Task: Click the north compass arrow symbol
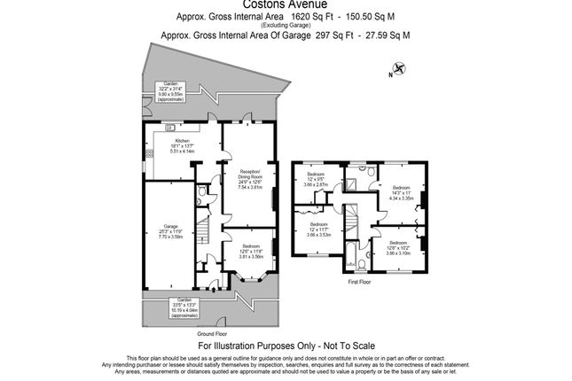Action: point(397,67)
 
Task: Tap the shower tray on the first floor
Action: point(352,183)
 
